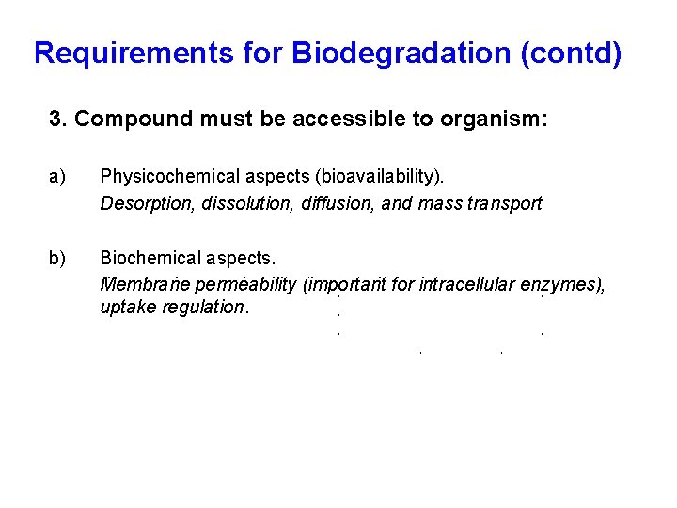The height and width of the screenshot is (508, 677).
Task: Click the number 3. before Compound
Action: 58,119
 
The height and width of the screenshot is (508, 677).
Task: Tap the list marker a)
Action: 58,175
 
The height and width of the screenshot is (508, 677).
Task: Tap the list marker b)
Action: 58,258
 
